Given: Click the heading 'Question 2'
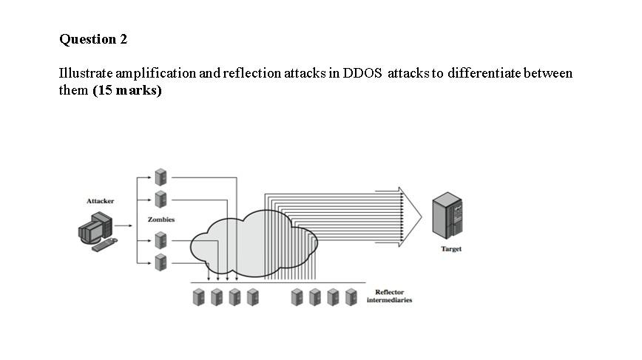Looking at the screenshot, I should click(93, 39).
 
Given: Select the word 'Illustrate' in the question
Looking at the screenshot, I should click(82, 73).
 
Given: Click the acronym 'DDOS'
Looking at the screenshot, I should click(362, 73).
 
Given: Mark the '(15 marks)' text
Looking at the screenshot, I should click(127, 91).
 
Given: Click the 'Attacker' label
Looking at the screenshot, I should click(101, 201).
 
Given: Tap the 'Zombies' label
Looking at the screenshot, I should click(161, 220).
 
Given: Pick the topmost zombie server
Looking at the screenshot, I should click(160, 177).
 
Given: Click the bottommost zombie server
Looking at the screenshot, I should click(160, 261).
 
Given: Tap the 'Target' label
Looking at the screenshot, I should click(451, 249).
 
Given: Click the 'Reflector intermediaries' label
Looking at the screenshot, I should click(389, 296).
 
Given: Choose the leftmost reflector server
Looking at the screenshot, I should click(199, 297).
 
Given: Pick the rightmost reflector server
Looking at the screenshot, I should click(352, 297).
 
